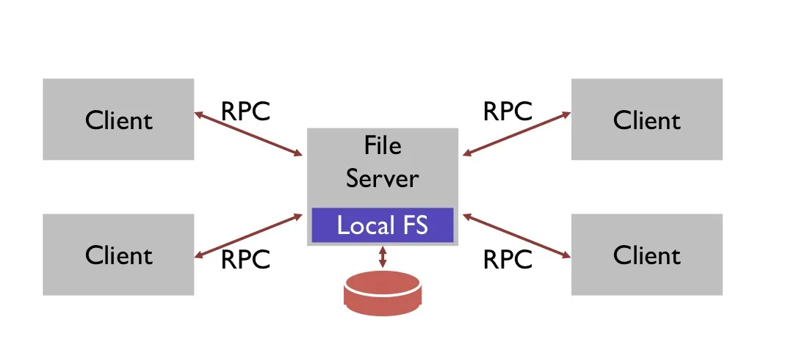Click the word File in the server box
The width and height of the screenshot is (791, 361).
pyautogui.click(x=383, y=145)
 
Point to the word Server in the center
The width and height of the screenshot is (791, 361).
pyautogui.click(x=383, y=178)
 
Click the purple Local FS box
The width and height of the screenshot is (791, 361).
pyautogui.click(x=383, y=225)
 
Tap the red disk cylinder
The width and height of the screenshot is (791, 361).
pyautogui.click(x=382, y=293)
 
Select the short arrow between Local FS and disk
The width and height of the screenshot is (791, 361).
pyautogui.click(x=382, y=257)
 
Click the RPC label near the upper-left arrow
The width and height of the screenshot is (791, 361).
pyautogui.click(x=245, y=112)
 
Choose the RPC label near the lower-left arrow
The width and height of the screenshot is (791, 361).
pyautogui.click(x=245, y=259)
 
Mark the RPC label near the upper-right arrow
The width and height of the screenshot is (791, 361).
pyautogui.click(x=508, y=112)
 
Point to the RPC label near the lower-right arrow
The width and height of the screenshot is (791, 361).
pyautogui.click(x=508, y=259)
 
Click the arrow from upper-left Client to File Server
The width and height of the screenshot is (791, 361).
pyautogui.click(x=249, y=134)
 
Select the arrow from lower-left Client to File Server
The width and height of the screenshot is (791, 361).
pyautogui.click(x=249, y=235)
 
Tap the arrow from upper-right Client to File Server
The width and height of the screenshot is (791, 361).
pyautogui.click(x=517, y=134)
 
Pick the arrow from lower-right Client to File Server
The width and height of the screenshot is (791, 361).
pyautogui.click(x=517, y=236)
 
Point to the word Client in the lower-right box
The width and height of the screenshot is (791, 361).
pyautogui.click(x=646, y=255)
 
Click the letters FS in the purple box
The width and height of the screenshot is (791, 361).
pyautogui.click(x=414, y=225)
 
